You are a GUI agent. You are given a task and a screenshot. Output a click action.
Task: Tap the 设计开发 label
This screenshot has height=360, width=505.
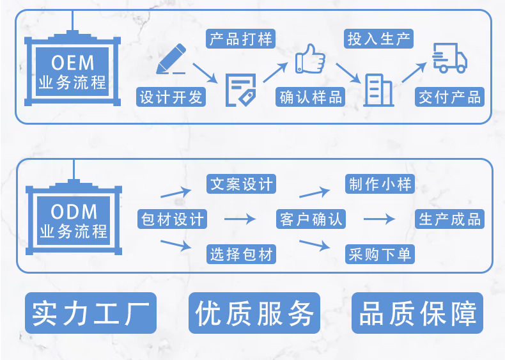[x=171, y=97]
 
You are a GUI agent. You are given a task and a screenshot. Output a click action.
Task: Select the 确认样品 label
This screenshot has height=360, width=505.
[x=311, y=97]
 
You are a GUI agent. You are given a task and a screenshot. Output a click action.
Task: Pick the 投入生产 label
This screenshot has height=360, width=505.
[x=379, y=38]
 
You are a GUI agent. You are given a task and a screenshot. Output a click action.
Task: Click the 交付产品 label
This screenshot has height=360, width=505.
[x=449, y=97]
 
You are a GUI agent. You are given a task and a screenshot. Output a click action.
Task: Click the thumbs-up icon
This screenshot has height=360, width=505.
[x=311, y=60]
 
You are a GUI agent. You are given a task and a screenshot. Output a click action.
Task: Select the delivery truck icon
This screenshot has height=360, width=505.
[x=449, y=59]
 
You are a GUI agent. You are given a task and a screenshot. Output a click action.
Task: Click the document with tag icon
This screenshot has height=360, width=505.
[x=241, y=90]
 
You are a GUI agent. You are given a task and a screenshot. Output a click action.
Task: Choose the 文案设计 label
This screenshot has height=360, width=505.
[x=242, y=184]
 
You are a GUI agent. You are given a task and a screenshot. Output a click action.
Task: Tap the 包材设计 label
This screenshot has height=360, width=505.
[x=172, y=219]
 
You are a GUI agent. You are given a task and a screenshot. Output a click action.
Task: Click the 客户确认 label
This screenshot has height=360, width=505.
[x=311, y=219]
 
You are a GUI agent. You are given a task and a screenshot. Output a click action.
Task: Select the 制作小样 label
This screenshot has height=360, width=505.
[x=380, y=184]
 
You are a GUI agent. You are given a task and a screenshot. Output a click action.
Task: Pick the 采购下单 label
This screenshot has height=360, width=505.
[x=380, y=254]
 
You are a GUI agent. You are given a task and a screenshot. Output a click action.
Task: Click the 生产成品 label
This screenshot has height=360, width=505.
[x=449, y=219]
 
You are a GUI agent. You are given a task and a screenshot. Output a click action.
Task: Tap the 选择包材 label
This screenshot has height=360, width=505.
[x=242, y=254]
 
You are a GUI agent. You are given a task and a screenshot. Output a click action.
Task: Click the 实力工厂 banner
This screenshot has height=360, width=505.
[x=91, y=313]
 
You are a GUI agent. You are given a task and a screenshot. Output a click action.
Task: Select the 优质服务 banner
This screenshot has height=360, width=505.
[x=254, y=313]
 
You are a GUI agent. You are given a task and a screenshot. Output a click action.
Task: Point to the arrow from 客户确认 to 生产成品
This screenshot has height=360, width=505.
[x=380, y=219]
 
